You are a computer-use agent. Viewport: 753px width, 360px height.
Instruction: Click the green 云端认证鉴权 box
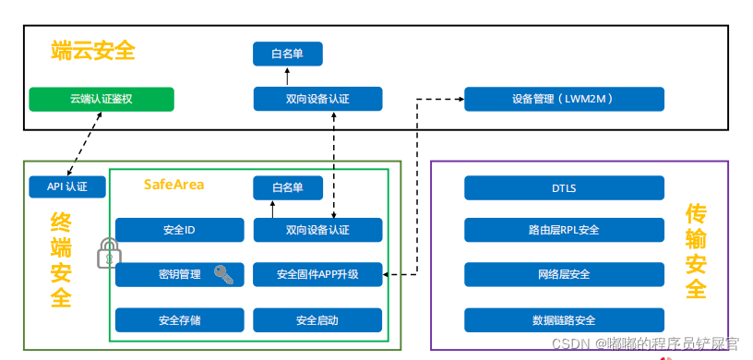(x=101, y=99)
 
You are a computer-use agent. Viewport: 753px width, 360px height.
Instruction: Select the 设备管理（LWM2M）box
(x=563, y=99)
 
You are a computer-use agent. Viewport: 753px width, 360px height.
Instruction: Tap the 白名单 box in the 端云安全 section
(x=288, y=54)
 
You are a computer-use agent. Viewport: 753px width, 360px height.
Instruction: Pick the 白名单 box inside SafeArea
(x=288, y=188)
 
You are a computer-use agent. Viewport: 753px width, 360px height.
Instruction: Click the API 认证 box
(x=66, y=188)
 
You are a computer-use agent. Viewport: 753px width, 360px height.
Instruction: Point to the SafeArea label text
(x=173, y=185)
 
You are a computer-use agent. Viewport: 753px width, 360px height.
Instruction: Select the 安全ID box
(x=179, y=230)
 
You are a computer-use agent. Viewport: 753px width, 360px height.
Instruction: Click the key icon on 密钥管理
(x=223, y=274)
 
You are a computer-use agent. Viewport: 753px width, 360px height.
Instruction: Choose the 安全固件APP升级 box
(x=317, y=274)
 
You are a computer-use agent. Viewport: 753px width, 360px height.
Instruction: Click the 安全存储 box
(x=179, y=320)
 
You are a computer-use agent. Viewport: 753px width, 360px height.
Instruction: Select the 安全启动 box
(x=317, y=320)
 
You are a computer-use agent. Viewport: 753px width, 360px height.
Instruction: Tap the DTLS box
(x=563, y=188)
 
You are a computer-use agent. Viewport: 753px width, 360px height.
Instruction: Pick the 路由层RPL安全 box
(x=563, y=230)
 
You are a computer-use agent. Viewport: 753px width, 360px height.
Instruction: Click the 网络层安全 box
(x=563, y=274)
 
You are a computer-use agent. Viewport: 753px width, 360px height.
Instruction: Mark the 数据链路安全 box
(x=563, y=320)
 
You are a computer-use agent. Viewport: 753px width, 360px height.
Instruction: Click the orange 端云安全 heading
(x=93, y=52)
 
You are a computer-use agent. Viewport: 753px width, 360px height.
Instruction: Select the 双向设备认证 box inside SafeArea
(x=317, y=230)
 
